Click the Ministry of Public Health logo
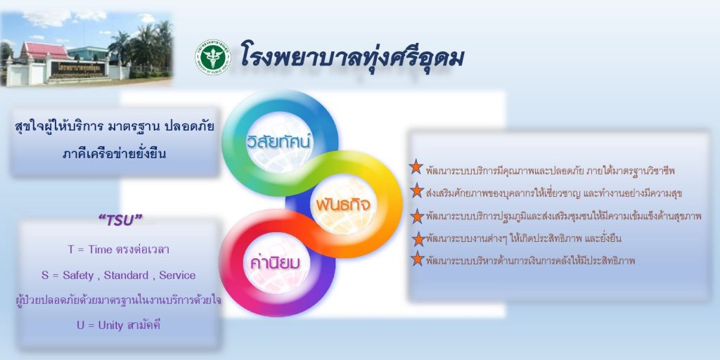point(212,57)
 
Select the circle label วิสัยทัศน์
point(278,142)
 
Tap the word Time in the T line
point(100,250)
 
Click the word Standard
point(126,276)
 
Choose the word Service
point(176,276)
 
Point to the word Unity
point(110,326)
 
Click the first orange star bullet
point(416,167)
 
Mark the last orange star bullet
point(417,259)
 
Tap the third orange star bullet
point(417,216)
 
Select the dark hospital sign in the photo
point(77,70)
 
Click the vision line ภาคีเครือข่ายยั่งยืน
point(114,154)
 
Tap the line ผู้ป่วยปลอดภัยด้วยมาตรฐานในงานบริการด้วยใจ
point(118,300)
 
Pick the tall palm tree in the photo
point(121,46)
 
